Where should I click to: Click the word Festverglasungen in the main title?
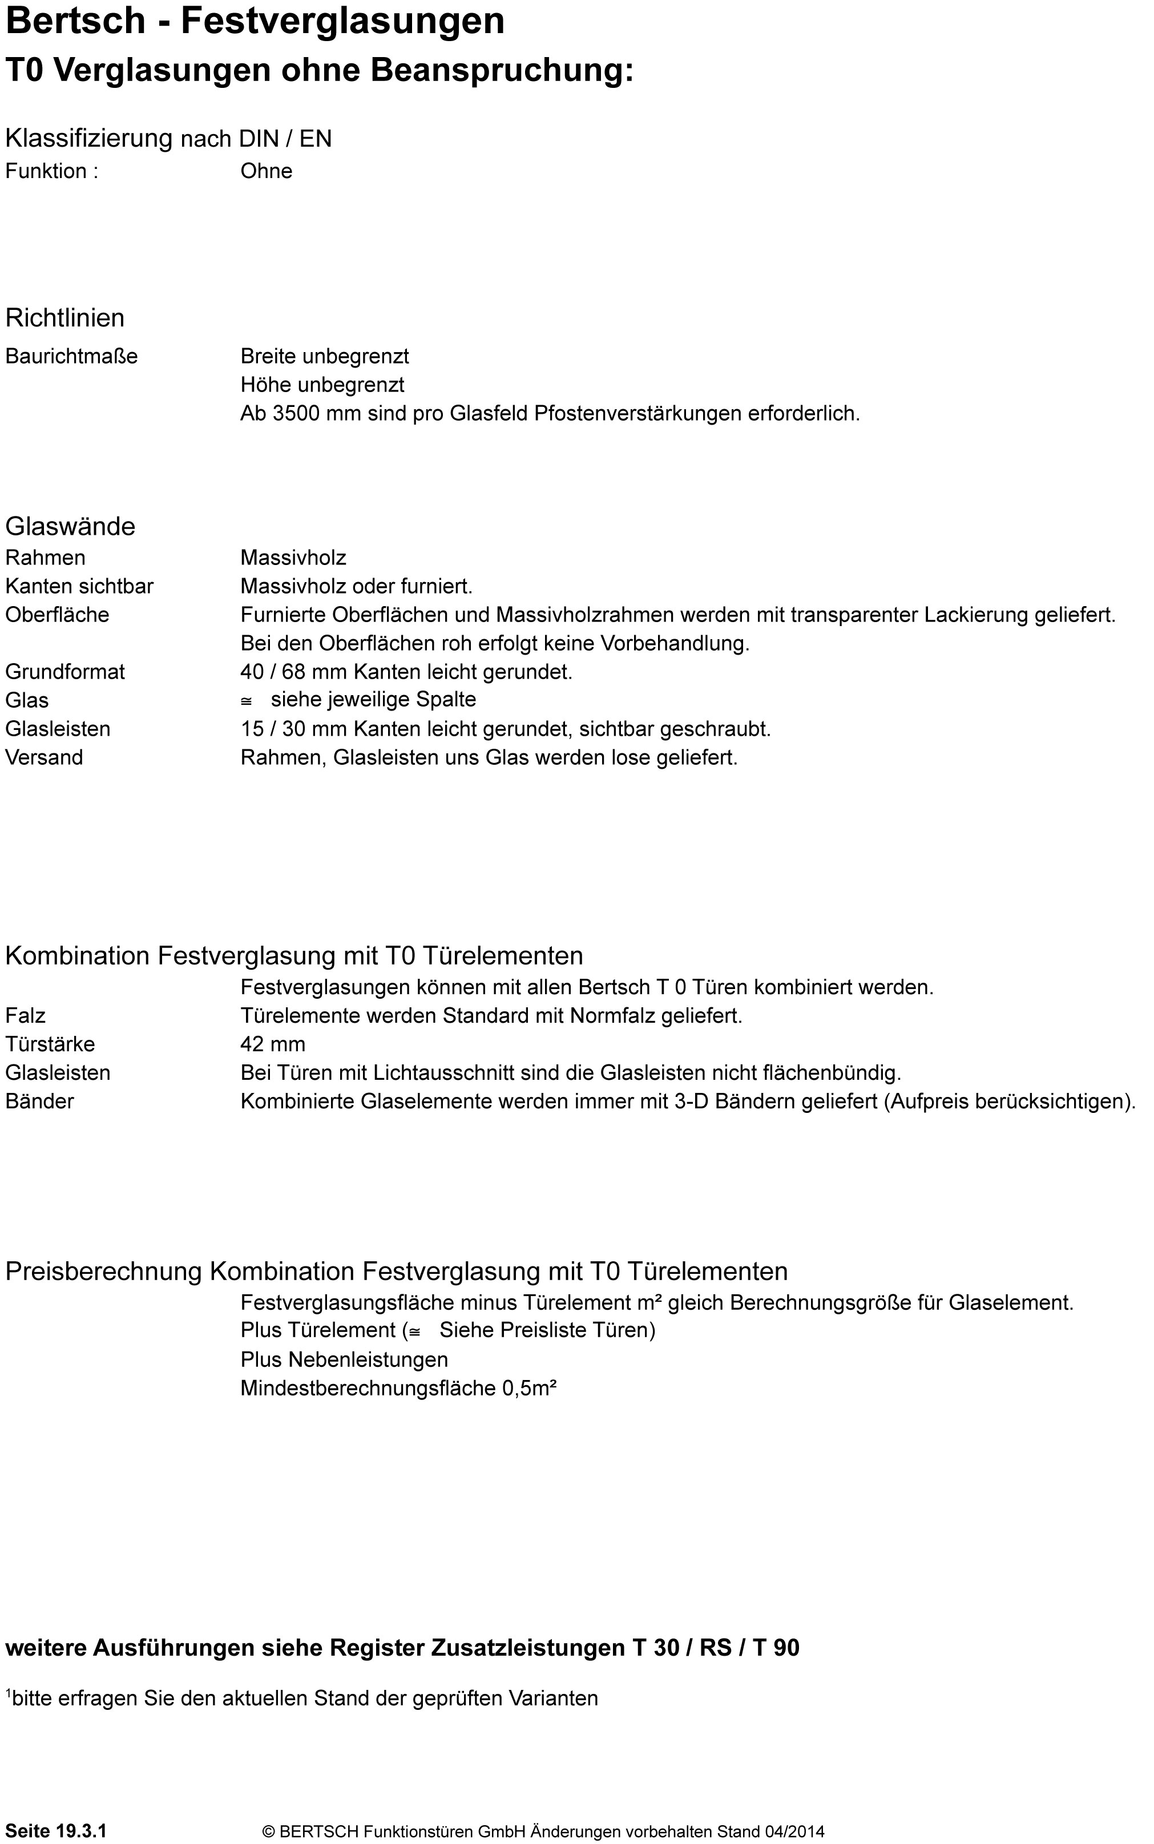342,21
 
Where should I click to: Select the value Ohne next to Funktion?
267,171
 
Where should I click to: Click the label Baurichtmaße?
71,357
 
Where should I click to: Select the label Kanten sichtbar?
79,586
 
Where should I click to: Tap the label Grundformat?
65,672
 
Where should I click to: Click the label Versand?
45,757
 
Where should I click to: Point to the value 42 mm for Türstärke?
272,1044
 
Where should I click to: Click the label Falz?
25,1016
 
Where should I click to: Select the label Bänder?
40,1101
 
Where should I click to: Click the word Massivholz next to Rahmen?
293,558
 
